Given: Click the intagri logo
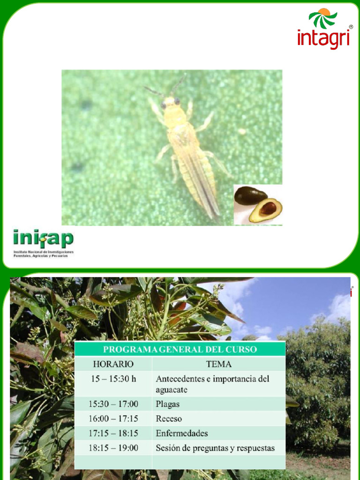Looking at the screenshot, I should (x=324, y=29).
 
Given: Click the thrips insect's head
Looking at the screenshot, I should (x=170, y=104).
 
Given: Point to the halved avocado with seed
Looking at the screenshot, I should (x=266, y=210).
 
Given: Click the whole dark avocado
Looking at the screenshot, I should (x=249, y=195).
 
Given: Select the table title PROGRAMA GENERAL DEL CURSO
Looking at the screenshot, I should (x=180, y=349).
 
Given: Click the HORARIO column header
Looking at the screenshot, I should (x=113, y=364).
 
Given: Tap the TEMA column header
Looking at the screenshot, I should (x=218, y=364).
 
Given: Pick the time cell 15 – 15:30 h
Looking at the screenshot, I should (x=113, y=379).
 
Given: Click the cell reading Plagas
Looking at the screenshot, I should (x=167, y=404).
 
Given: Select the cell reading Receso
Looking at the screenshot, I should (x=169, y=419).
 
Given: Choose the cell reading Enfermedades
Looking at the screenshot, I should (x=181, y=433).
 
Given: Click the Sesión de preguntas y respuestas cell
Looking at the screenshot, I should (x=215, y=448).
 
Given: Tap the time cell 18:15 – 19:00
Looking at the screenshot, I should (x=113, y=448).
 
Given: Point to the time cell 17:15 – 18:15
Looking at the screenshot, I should (x=113, y=433).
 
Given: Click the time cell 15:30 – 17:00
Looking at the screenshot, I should (x=113, y=404).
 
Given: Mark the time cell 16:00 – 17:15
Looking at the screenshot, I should (x=113, y=419).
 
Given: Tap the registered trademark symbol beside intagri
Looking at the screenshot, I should (x=351, y=27).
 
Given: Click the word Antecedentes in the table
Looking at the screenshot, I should (x=180, y=379).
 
